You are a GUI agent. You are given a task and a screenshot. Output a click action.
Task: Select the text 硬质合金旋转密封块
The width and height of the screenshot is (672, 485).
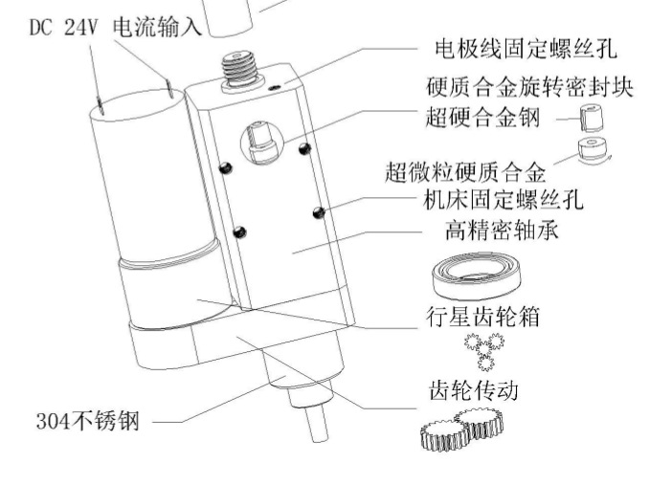529,87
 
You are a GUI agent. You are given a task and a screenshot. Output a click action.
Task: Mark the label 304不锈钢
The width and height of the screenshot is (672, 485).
87,420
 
